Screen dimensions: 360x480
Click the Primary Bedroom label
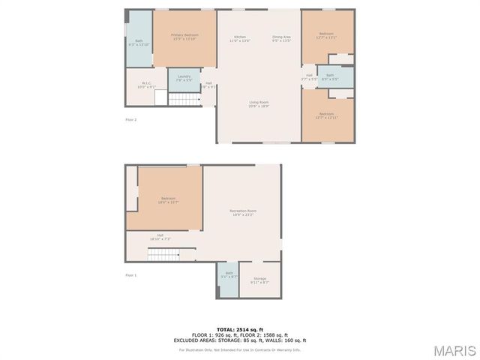(x=184, y=36)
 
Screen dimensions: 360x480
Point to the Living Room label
(x=259, y=103)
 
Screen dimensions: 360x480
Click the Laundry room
(x=184, y=78)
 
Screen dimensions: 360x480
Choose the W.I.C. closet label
(x=146, y=85)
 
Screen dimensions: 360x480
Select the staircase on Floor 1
(x=163, y=256)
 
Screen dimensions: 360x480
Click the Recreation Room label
(x=243, y=213)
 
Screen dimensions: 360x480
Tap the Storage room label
(x=259, y=280)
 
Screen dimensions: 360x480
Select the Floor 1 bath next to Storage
(x=229, y=276)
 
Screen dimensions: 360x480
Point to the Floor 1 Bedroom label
(x=168, y=199)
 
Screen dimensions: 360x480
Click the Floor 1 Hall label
(x=160, y=236)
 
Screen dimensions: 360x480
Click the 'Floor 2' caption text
(x=130, y=119)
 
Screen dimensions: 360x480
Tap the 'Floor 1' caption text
(x=130, y=275)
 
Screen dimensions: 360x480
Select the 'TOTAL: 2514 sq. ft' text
(x=240, y=329)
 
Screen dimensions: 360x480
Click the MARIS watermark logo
(x=454, y=350)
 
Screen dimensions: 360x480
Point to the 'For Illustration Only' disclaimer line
(x=240, y=349)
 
